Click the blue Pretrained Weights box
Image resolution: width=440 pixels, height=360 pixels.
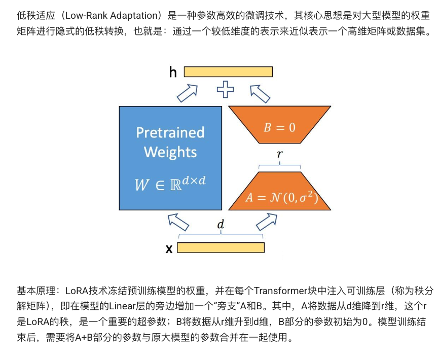(x=170, y=158)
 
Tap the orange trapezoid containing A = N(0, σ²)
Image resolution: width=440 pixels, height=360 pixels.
(x=279, y=192)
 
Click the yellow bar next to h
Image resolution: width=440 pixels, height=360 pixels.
(x=228, y=72)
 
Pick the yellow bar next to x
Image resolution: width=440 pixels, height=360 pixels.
(x=221, y=247)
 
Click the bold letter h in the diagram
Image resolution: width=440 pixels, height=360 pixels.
(x=173, y=73)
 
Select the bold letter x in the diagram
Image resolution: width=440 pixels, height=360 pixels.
(x=169, y=248)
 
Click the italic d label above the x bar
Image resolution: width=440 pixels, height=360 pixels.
(x=221, y=225)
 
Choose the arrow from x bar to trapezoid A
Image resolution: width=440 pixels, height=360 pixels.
(x=267, y=221)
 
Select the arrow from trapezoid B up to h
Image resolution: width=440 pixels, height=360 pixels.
(x=261, y=93)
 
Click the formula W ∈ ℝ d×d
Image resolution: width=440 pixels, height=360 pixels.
(x=170, y=184)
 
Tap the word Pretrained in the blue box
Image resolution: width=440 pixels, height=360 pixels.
(x=170, y=133)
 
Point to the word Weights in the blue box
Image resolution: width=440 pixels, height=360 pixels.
(x=170, y=152)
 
